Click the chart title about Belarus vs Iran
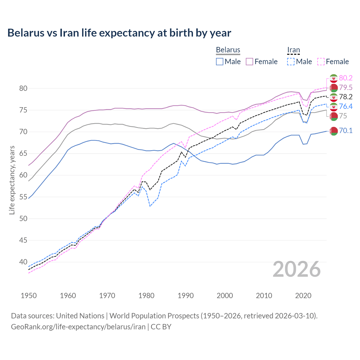pos(119,33)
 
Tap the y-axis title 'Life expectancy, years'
pos(12,180)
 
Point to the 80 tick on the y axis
pos(23,88)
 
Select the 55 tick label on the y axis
pos(23,197)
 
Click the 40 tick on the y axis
pos(23,262)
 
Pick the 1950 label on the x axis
pos(29,296)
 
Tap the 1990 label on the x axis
pos(186,296)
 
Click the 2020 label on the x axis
pos(303,296)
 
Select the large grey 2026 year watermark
pos(297,269)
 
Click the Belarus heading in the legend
pos(228,50)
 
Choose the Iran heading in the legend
pos(293,50)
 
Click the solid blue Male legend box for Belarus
pos(220,62)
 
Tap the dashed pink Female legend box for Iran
pos(321,62)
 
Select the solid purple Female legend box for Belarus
pos(250,62)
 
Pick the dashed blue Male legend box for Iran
pos(291,62)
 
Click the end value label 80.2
pos(346,78)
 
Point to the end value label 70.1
pos(346,130)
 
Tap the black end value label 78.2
pos(346,97)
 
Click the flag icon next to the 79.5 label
pos(334,88)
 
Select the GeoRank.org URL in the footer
pos(78,327)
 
